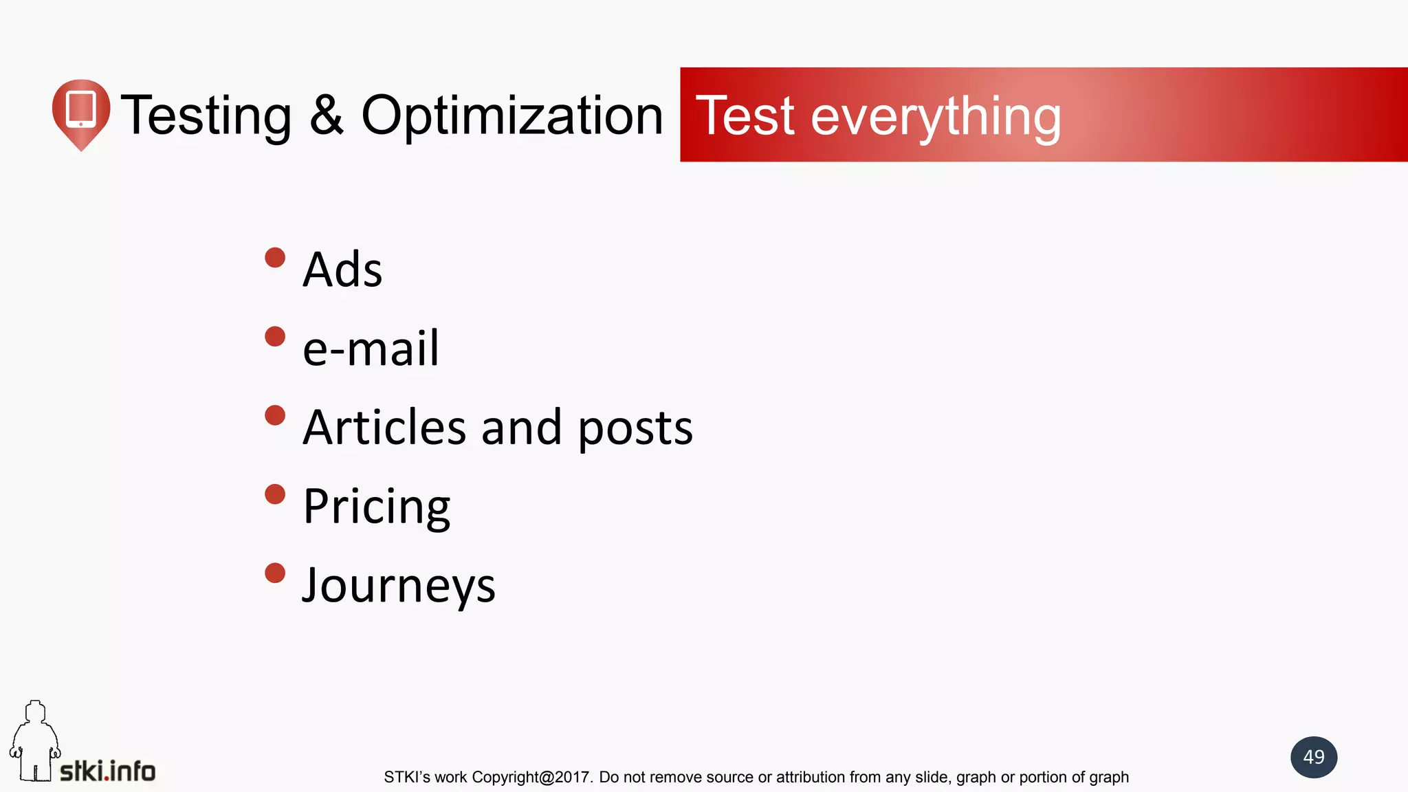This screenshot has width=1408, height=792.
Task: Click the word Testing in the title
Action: coord(206,115)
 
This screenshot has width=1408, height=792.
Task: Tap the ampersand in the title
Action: coord(326,115)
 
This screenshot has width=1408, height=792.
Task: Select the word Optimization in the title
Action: coord(512,115)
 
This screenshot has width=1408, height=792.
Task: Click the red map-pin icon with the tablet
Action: coord(81,112)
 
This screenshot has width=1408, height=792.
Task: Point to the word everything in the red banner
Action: coord(936,117)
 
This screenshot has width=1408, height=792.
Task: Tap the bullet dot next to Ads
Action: coord(275,258)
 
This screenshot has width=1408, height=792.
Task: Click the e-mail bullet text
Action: coord(371,348)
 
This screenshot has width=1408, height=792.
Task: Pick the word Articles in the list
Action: coord(384,427)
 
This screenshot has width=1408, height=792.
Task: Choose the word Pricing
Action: coord(377,507)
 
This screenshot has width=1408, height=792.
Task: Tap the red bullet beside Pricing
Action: coord(275,494)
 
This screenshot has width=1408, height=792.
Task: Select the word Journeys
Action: coord(399,586)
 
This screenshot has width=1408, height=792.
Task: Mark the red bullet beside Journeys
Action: coord(275,573)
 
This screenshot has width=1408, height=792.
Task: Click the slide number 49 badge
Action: coord(1313,757)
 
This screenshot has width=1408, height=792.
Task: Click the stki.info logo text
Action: coord(108,771)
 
